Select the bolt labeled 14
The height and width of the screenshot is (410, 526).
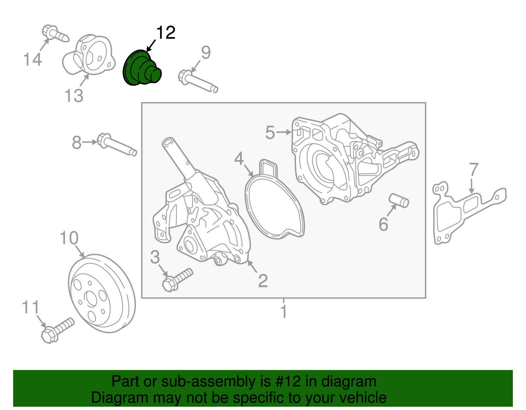55,33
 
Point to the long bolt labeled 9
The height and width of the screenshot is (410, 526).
198,80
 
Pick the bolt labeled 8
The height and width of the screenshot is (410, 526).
117,145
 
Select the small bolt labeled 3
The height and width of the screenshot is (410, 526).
177,279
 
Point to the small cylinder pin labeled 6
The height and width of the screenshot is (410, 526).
399,200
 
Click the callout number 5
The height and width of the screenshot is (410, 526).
270,133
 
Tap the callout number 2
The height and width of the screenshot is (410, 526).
263,281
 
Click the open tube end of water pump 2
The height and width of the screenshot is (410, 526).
168,142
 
